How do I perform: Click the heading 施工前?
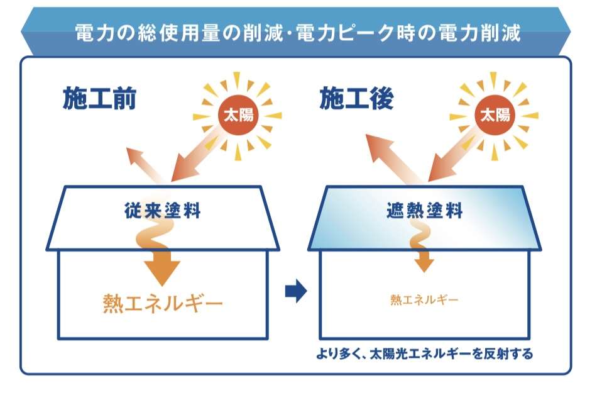point(99,99)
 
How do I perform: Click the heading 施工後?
point(356,99)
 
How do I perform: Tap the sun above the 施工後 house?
point(495,115)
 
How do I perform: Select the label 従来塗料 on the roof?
point(163,210)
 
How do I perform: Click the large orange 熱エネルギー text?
point(163,304)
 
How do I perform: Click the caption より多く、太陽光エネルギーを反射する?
point(424,354)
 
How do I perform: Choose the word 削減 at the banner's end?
point(500,33)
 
